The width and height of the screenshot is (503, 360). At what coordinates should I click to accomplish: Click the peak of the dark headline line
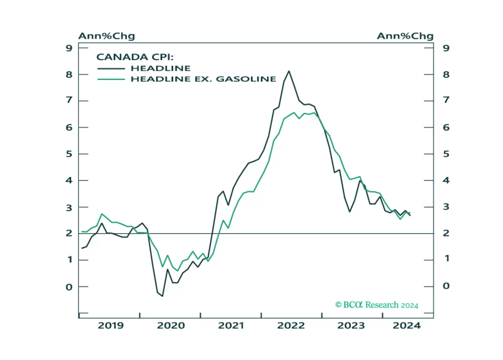[x=289, y=71]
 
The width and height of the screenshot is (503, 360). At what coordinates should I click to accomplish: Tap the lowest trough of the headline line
[x=162, y=296]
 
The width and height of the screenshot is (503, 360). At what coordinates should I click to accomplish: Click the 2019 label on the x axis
[x=111, y=325]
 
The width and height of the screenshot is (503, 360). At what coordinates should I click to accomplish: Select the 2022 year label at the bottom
[x=291, y=325]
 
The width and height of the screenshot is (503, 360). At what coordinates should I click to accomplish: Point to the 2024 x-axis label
[x=407, y=325]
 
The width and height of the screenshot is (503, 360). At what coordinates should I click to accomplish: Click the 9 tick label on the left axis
[x=69, y=48]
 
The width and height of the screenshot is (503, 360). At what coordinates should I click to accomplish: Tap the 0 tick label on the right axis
[x=446, y=286]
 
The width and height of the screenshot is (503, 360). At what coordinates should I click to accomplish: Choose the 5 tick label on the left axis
[x=69, y=154]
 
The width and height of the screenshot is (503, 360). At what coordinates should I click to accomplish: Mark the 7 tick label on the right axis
[x=446, y=100]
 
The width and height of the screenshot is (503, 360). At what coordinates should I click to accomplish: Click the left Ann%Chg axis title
[x=107, y=36]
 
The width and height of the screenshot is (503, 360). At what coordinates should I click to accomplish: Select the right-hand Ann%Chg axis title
[x=405, y=36]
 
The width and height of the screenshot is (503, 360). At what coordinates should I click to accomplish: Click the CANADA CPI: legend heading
[x=135, y=57]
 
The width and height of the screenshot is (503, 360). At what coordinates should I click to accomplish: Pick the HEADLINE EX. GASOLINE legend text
[x=203, y=79]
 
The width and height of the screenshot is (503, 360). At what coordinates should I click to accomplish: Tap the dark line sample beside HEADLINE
[x=111, y=69]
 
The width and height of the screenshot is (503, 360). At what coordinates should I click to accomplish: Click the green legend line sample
[x=111, y=79]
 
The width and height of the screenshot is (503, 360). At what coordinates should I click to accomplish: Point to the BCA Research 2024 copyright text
[x=377, y=305]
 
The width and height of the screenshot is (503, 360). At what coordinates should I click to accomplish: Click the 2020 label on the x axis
[x=171, y=325]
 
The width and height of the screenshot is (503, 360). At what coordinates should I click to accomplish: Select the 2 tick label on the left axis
[x=69, y=233]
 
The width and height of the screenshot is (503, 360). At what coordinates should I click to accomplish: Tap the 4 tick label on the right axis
[x=446, y=180]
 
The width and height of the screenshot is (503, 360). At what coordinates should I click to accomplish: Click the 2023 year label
[x=351, y=325]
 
